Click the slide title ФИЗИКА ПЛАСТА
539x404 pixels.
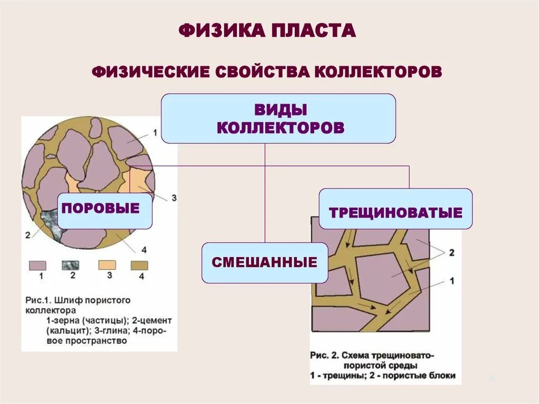click(267, 30)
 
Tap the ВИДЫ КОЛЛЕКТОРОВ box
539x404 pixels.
click(278, 119)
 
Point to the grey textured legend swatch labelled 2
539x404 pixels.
click(70, 265)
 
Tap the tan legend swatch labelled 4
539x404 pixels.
click(139, 265)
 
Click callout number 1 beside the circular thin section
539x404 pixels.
click(154, 133)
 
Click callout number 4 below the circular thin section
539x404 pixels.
click(144, 250)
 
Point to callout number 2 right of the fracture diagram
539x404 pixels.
click(451, 253)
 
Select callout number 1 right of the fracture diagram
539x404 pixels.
click(451, 281)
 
